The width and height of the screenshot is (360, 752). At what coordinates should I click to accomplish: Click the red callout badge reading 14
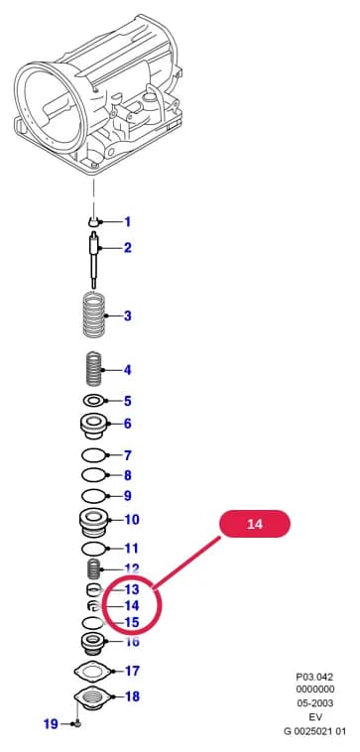[x=255, y=524]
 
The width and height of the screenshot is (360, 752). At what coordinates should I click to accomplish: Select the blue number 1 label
[x=128, y=222]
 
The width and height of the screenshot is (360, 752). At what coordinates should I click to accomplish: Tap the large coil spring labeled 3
[x=94, y=315]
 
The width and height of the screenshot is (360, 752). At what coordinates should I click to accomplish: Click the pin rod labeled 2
[x=95, y=260]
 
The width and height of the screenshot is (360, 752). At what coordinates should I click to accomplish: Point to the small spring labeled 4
[x=94, y=369]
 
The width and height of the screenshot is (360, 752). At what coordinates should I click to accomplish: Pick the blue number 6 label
[x=128, y=424]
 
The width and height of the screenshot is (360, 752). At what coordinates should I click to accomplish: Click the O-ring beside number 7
[x=94, y=454]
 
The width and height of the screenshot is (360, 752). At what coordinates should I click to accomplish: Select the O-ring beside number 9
[x=94, y=496]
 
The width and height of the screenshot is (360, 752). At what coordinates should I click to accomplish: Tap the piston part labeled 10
[x=94, y=524]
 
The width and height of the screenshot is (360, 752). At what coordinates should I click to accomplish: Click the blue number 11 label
[x=131, y=549]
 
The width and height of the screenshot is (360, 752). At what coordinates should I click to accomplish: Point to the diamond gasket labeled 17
[x=92, y=672]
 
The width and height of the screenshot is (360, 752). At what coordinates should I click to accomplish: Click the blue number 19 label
[x=51, y=723]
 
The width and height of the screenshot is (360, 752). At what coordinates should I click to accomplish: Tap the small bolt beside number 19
[x=77, y=723]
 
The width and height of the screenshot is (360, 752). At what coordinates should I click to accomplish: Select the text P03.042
[x=314, y=677]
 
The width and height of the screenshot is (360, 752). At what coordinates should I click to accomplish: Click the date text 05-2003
[x=314, y=703]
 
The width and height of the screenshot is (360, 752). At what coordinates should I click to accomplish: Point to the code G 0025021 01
[x=314, y=731]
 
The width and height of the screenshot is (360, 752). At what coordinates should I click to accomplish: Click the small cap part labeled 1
[x=94, y=221]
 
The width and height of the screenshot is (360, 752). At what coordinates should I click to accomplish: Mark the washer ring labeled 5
[x=94, y=400]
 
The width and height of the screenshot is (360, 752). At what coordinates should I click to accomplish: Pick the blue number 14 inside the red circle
[x=132, y=606]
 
